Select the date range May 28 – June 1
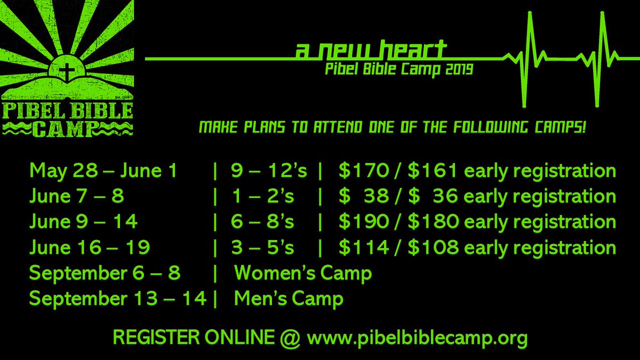(105, 171)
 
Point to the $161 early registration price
(433, 171)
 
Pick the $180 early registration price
(433, 222)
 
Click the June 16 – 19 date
(90, 247)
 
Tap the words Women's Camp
(303, 273)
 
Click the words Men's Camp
(289, 299)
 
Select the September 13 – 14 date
(118, 299)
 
